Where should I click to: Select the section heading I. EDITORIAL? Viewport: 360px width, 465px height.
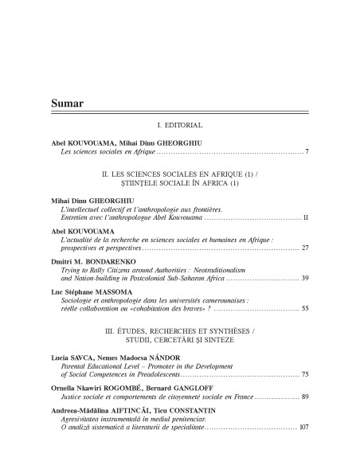(x=180, y=125)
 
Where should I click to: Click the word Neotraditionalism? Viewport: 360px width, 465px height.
(x=248, y=270)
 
